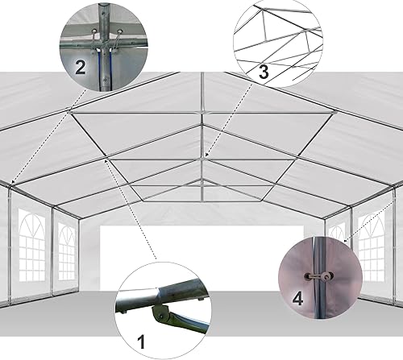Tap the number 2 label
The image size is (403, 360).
[x=80, y=67]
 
